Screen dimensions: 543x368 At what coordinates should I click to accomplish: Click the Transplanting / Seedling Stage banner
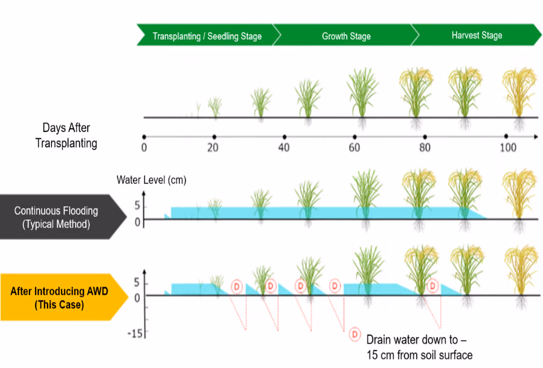[207, 35]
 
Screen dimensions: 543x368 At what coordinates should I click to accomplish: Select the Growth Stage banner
[346, 35]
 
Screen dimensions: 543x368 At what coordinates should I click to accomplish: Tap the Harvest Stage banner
[477, 35]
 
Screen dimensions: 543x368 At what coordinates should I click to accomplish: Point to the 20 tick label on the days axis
[213, 148]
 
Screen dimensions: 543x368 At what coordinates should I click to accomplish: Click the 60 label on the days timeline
[354, 148]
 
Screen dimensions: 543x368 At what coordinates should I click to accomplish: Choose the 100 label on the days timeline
[508, 148]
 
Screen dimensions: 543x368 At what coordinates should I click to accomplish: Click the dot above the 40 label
[284, 137]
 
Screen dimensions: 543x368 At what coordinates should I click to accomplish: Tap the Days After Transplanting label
[66, 136]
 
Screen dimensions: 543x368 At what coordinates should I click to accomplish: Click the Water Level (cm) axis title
[152, 180]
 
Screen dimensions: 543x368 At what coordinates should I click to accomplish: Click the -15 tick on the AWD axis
[135, 334]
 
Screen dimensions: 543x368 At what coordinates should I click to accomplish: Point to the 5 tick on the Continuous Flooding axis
[138, 206]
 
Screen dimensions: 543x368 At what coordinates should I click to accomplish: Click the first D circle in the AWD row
[237, 287]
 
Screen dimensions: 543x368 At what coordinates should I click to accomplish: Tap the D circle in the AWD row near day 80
[432, 286]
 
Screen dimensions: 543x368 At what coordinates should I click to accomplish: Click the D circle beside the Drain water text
[355, 334]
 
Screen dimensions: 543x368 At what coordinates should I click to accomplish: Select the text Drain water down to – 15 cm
[419, 347]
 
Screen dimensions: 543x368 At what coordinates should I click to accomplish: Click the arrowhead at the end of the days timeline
[536, 137]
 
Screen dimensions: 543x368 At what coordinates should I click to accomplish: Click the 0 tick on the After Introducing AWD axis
[137, 298]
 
